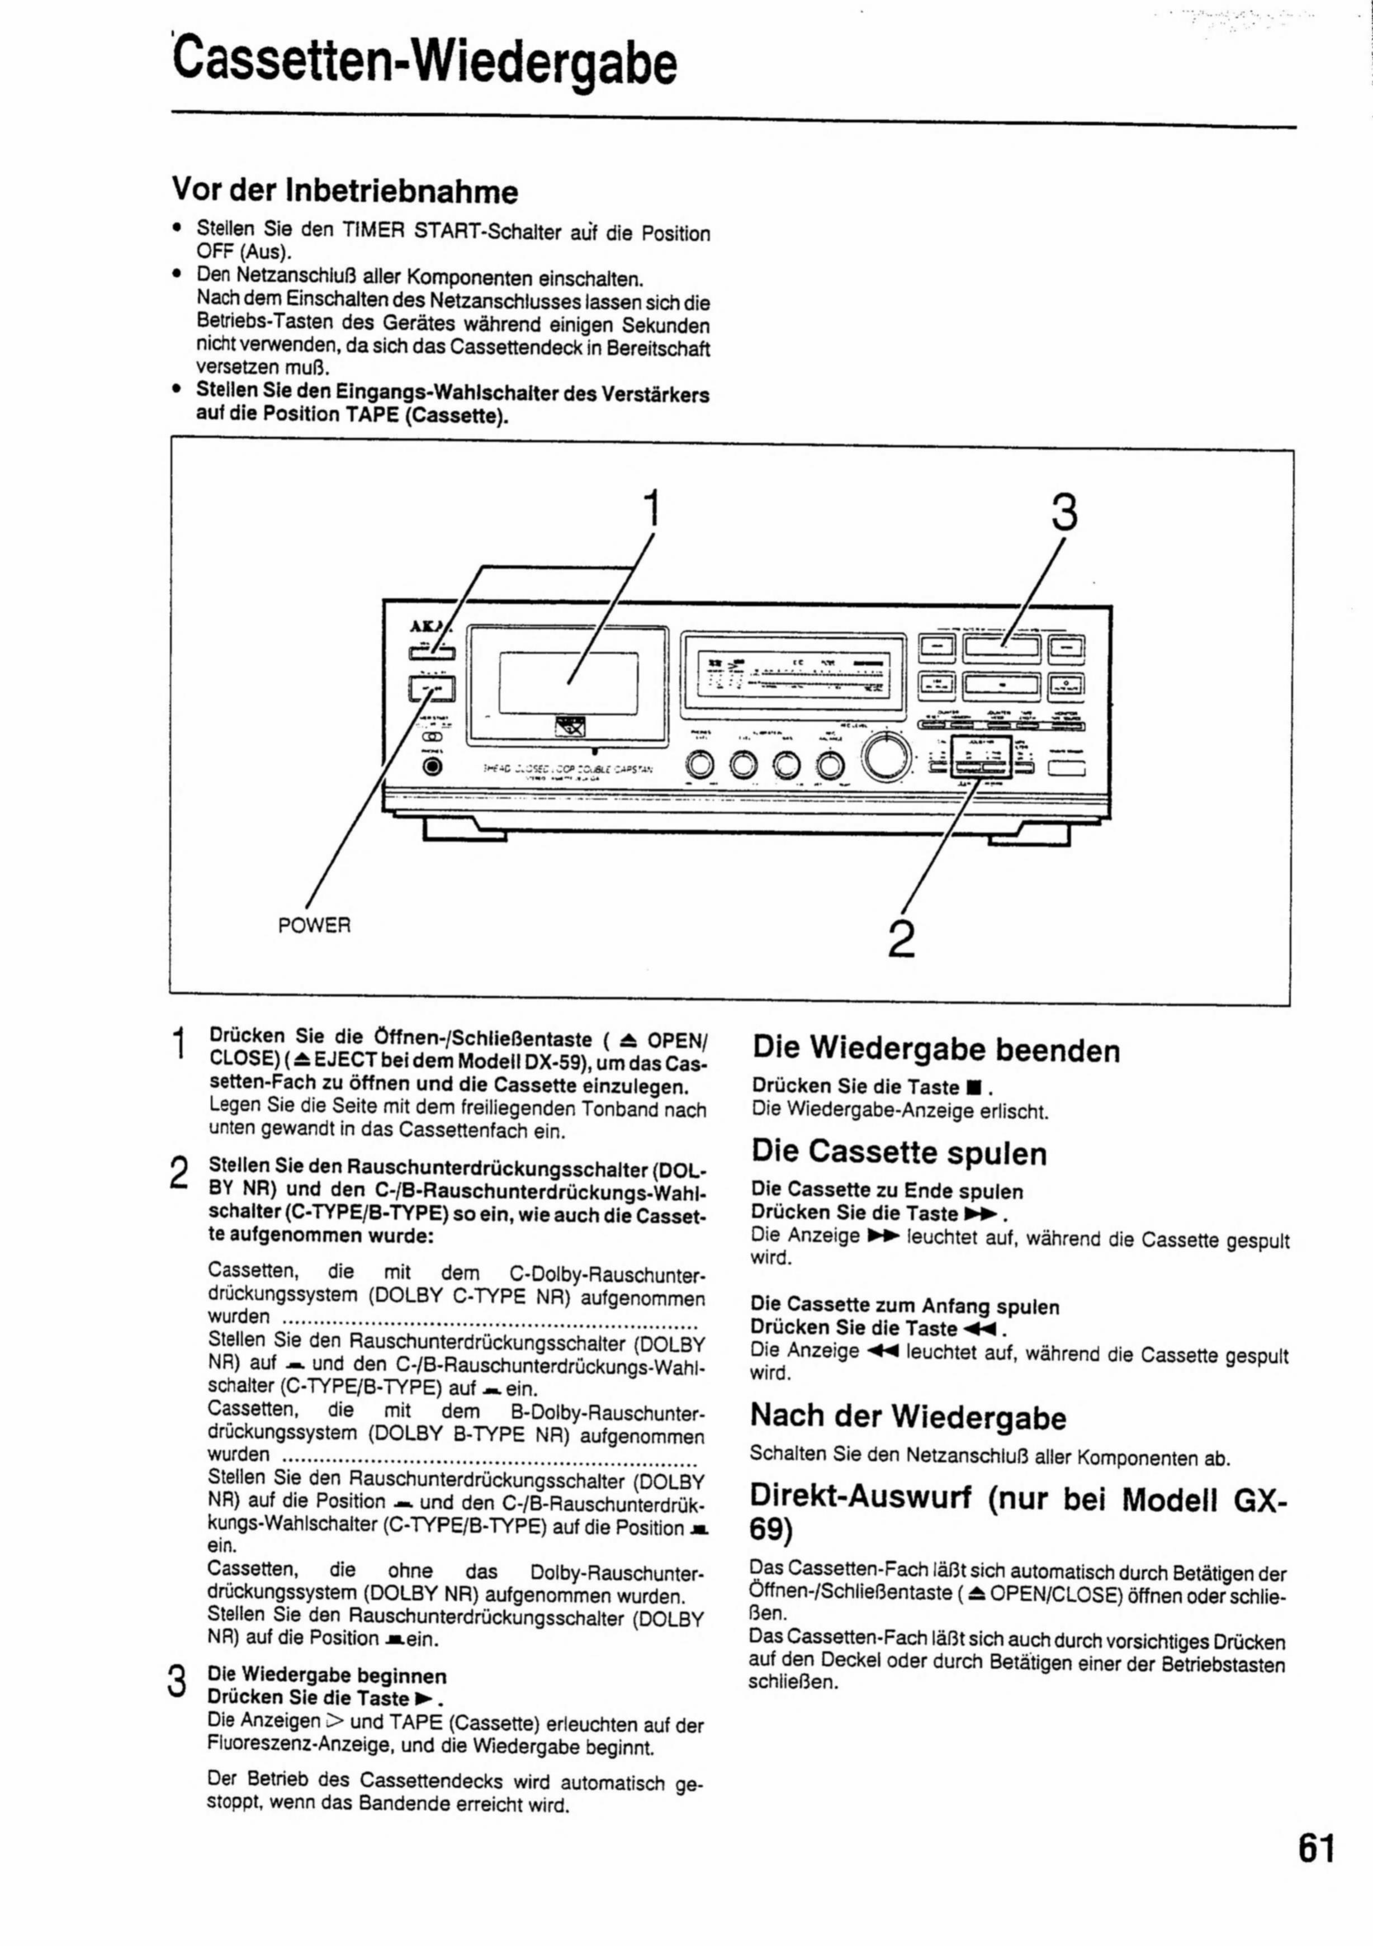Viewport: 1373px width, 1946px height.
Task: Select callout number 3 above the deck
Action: tap(1066, 513)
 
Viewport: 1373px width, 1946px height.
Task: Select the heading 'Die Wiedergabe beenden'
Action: tap(936, 1049)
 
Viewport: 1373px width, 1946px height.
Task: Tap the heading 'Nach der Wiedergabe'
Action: tap(908, 1416)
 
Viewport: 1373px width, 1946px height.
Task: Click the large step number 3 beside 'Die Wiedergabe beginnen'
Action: tap(176, 1680)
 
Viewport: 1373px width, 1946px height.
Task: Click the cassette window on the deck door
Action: tap(568, 682)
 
